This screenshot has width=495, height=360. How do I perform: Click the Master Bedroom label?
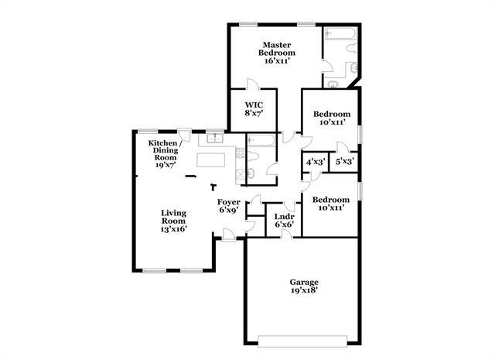coord(275,52)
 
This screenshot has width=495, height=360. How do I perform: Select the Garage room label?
coord(304,286)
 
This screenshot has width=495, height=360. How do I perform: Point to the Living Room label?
coord(173,221)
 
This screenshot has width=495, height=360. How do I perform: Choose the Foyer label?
coord(229,205)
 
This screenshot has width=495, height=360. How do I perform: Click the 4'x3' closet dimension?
coord(315,162)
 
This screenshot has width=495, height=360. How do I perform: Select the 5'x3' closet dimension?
coord(344,162)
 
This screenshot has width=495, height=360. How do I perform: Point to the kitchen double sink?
coord(215,139)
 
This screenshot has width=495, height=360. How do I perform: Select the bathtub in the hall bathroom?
coord(261,141)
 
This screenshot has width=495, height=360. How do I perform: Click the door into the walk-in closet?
coord(252,85)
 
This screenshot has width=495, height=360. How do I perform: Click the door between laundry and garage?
coord(286,234)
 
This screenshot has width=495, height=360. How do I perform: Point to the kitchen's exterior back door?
coord(184,132)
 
